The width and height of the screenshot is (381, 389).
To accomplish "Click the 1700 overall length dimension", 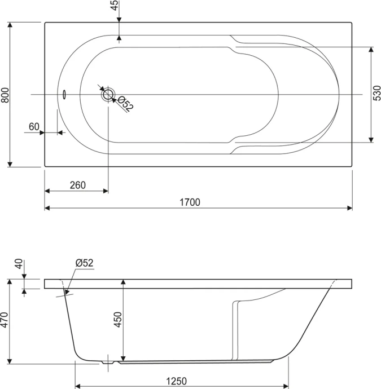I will click(191, 201).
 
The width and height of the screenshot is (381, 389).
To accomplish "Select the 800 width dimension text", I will click(5, 95).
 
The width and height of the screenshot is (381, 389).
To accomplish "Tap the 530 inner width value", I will click(376, 95).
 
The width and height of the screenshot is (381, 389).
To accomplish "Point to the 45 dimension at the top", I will click(115, 6).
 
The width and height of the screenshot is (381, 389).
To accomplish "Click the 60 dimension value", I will click(34, 127).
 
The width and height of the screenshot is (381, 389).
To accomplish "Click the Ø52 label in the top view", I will click(125, 104).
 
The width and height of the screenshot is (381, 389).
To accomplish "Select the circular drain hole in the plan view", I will click(108, 95).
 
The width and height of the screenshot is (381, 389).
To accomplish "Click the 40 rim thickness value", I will click(19, 265).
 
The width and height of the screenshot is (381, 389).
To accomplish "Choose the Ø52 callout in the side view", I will click(84, 263).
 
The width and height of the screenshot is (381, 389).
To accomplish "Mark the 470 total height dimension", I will click(5, 321).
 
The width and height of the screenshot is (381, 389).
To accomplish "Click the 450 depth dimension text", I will click(118, 320).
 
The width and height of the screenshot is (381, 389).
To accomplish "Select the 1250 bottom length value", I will click(177, 381).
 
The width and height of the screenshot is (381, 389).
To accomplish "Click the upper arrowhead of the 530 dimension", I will click(371, 50).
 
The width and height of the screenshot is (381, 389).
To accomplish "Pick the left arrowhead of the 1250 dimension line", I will click(78, 387).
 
